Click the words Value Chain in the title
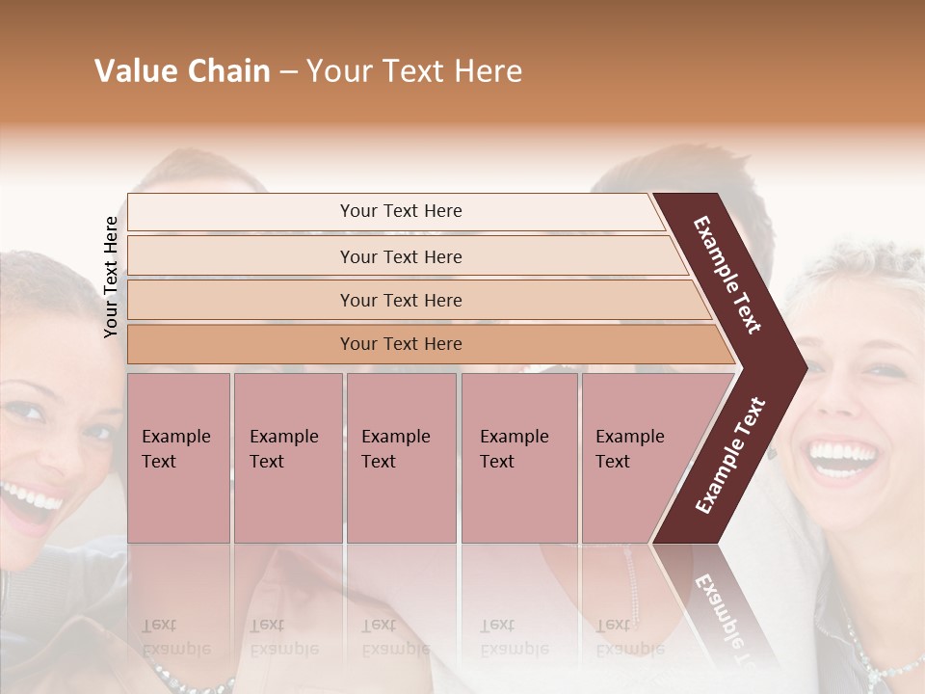[182, 71]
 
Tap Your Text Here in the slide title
[414, 71]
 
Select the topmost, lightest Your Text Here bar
[400, 211]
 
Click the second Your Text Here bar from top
[400, 256]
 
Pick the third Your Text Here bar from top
[400, 300]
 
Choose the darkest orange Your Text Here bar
[400, 344]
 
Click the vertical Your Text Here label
[111, 277]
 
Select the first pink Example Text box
[178, 458]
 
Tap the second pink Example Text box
[287, 458]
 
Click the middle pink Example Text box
[401, 458]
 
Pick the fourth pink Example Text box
[518, 458]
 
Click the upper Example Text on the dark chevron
[727, 275]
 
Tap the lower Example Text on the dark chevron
[729, 455]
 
